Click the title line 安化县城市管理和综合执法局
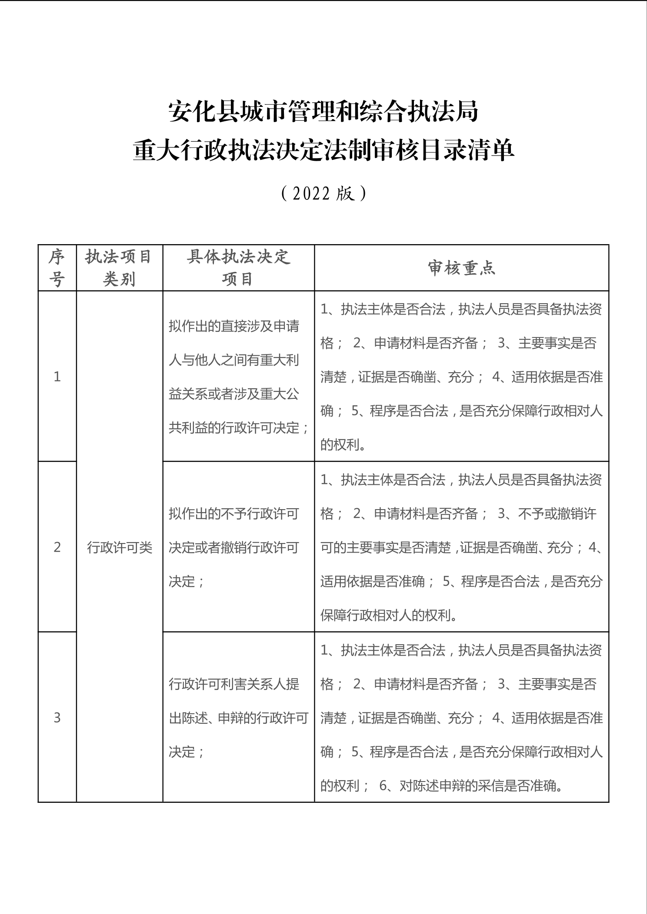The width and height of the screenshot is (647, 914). pyautogui.click(x=323, y=112)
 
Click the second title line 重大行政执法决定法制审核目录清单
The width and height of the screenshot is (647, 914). pyautogui.click(x=323, y=151)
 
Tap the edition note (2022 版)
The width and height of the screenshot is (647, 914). pyautogui.click(x=323, y=193)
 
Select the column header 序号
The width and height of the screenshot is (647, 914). pyautogui.click(x=57, y=268)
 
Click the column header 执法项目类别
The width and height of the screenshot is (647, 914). pyautogui.click(x=119, y=268)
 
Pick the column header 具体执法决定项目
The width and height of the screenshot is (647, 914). pyautogui.click(x=238, y=268)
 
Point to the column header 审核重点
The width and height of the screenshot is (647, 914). pyautogui.click(x=461, y=268)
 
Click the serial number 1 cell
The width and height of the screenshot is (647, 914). pyautogui.click(x=57, y=376)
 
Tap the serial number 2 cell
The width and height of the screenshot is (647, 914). pyautogui.click(x=57, y=547)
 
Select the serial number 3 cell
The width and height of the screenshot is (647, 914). pyautogui.click(x=57, y=718)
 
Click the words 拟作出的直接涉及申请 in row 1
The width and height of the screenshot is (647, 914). pyautogui.click(x=234, y=326)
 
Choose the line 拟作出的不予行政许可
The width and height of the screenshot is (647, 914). pyautogui.click(x=234, y=513)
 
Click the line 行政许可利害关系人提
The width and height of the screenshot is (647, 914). pyautogui.click(x=234, y=684)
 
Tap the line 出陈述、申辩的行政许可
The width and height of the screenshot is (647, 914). pyautogui.click(x=238, y=718)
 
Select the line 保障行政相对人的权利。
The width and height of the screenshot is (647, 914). pyautogui.click(x=389, y=616)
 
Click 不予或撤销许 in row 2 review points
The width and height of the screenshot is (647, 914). pyautogui.click(x=557, y=513)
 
